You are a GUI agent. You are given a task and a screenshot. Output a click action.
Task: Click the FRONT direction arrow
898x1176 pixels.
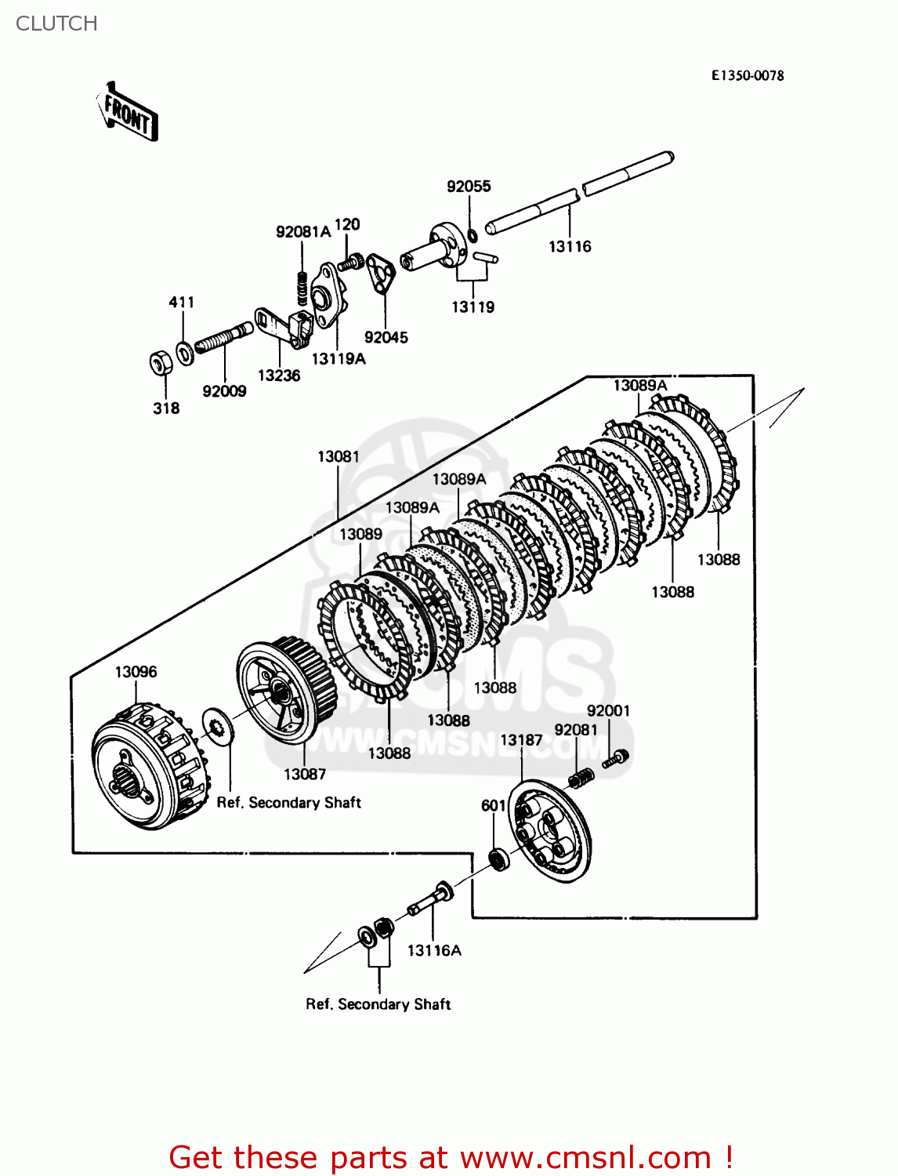[127, 112]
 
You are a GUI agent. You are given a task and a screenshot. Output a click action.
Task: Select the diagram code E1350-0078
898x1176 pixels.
[747, 75]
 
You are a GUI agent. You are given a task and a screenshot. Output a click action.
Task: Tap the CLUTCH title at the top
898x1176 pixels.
[56, 24]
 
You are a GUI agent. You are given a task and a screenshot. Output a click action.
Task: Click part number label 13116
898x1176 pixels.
[570, 246]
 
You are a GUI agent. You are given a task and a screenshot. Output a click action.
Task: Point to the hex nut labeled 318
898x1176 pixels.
[161, 363]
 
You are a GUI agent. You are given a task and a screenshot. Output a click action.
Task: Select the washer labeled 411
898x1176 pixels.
[185, 354]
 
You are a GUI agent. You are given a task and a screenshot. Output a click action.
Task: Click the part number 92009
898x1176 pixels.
[224, 391]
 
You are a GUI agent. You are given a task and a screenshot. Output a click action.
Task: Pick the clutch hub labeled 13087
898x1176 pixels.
[286, 690]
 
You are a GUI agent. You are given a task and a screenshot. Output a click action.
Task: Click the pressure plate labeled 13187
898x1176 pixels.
[549, 831]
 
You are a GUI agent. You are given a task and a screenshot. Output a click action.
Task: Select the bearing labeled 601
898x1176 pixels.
[498, 858]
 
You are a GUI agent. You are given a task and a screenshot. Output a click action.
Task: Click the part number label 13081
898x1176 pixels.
[338, 456]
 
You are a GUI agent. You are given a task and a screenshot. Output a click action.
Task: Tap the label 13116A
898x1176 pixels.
[434, 950]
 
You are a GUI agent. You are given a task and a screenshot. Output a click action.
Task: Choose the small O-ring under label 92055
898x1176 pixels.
[473, 235]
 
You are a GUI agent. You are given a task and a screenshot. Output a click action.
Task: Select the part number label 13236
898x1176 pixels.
[279, 376]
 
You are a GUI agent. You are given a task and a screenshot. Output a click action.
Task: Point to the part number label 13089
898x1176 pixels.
[360, 534]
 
